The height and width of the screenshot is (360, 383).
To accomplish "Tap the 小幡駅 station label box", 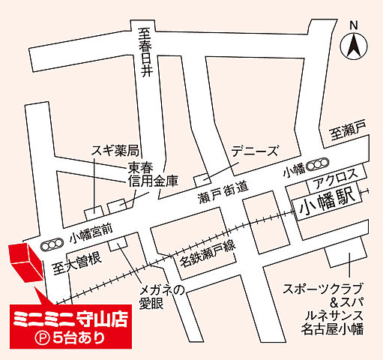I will tap(324, 202).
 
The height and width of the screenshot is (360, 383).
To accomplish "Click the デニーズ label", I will tap(254, 150).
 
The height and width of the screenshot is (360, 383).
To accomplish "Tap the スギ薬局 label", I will tap(115, 150).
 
